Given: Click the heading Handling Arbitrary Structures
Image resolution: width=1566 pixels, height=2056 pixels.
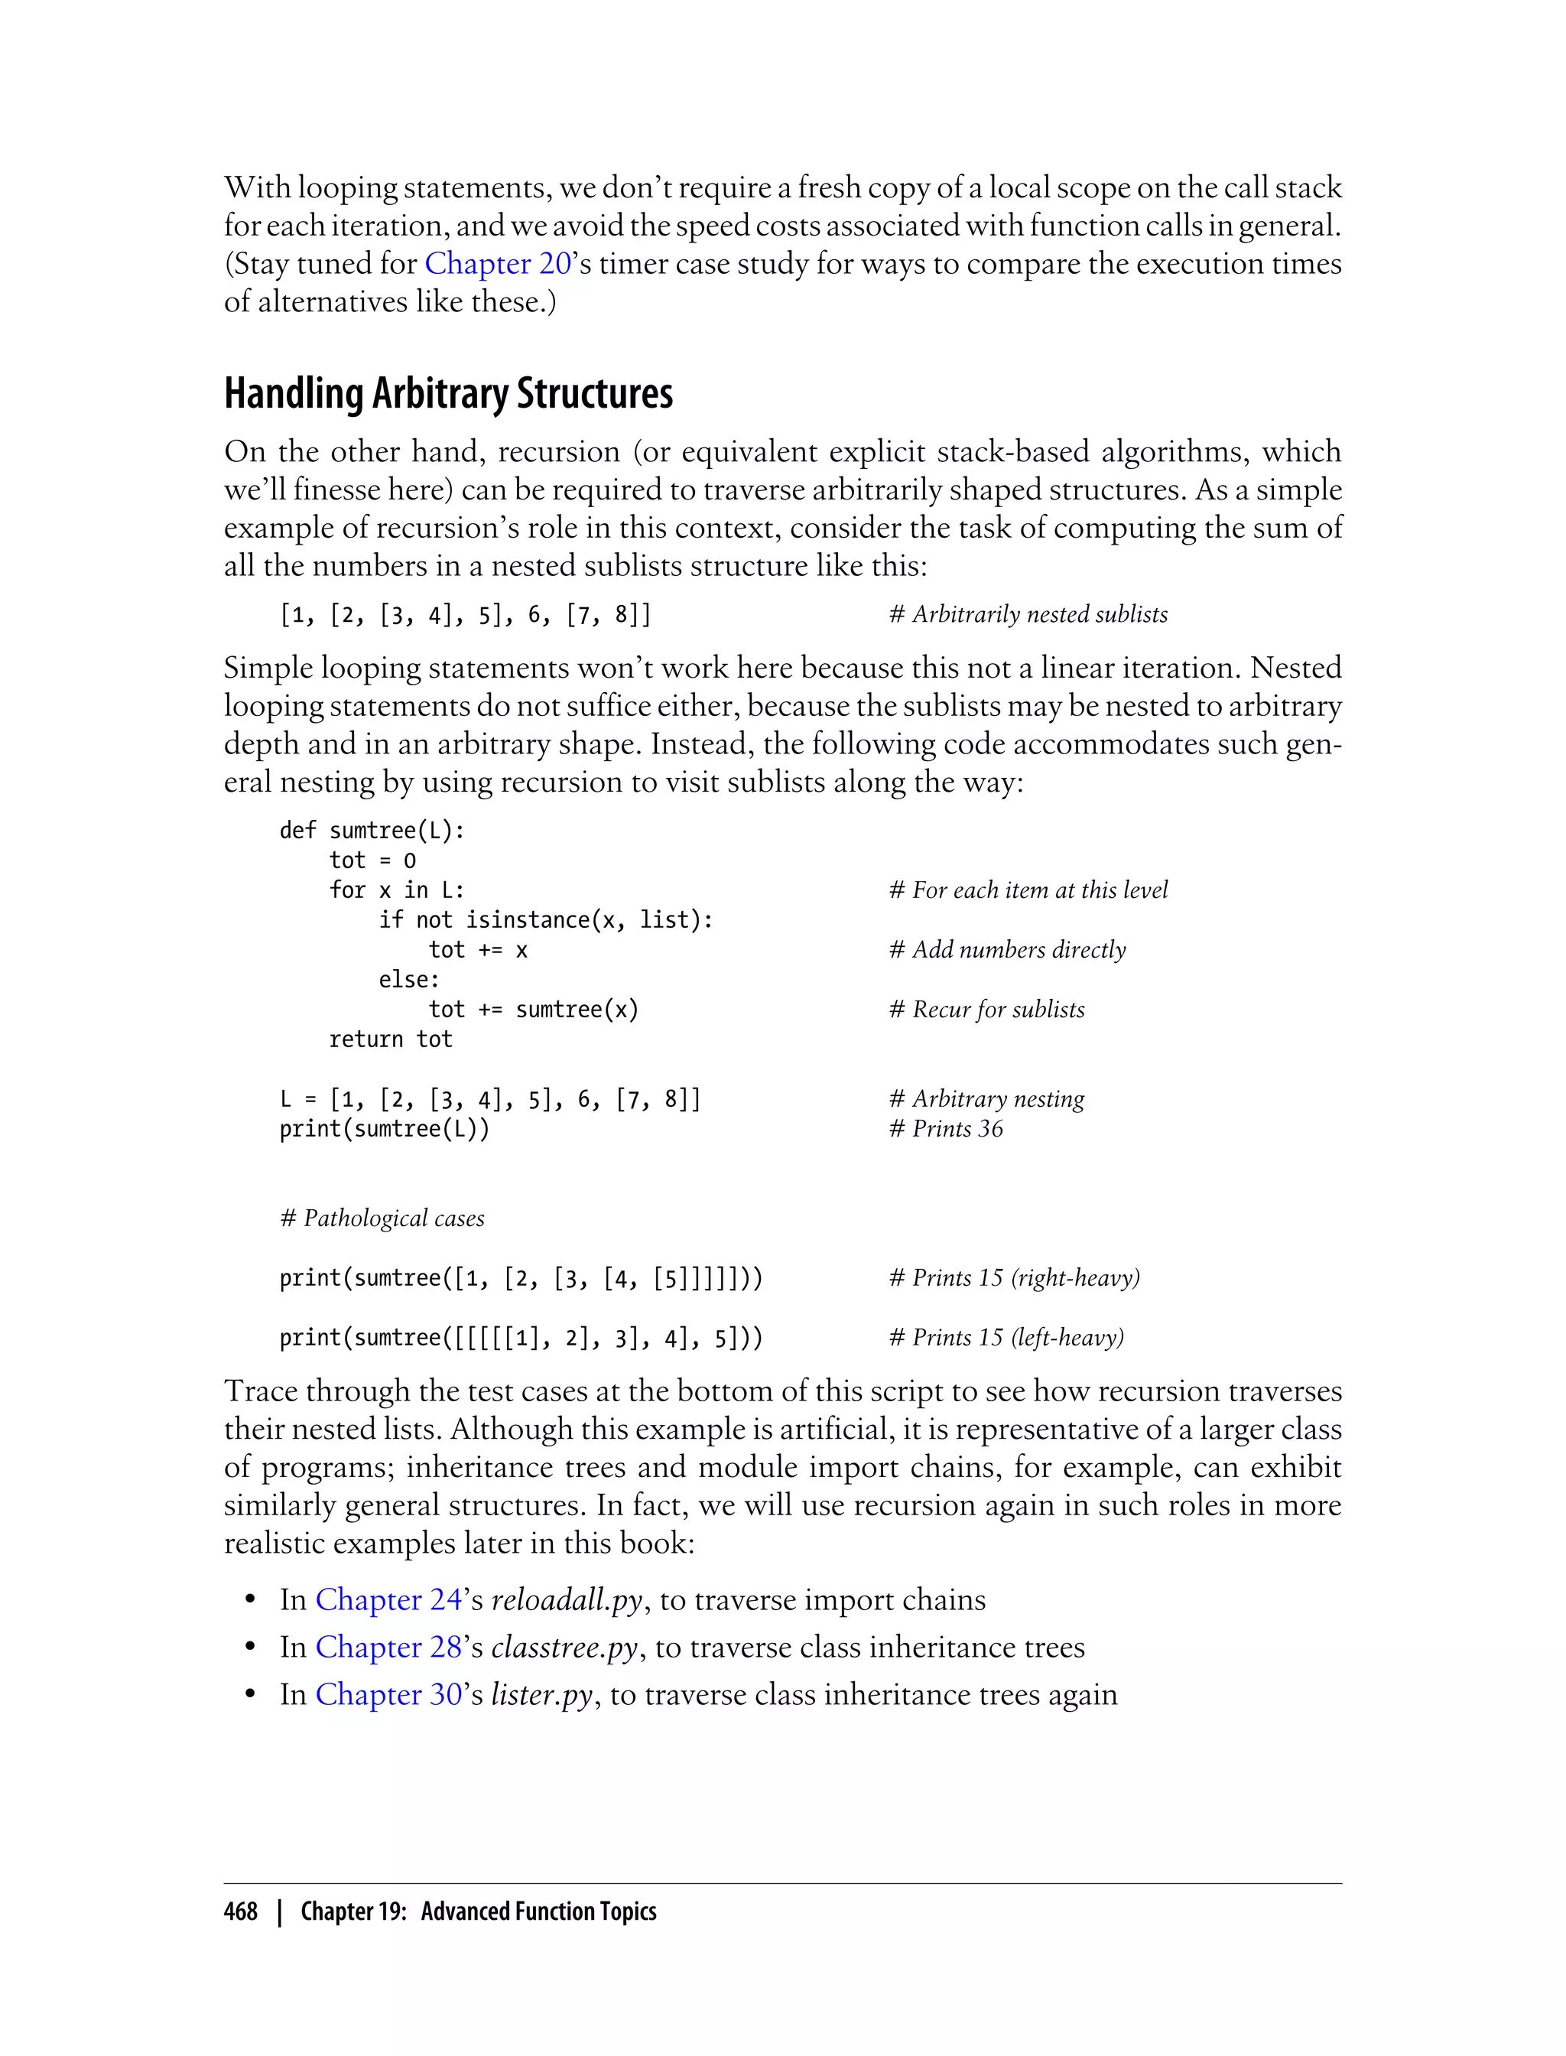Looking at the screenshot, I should (447, 393).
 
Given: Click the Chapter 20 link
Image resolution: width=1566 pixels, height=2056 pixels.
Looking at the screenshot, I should (498, 264).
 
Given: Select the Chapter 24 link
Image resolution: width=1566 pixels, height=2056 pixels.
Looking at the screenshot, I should (388, 1599).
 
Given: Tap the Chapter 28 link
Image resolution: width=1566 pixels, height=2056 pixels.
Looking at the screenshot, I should (388, 1647).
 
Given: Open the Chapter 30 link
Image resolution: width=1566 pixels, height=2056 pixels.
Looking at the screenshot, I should (388, 1694).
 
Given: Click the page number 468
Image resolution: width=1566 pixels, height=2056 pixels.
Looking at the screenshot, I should (241, 1911).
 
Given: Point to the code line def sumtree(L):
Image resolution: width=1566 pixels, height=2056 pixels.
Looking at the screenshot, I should (372, 830).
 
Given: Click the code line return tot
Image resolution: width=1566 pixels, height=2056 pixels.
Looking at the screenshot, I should (391, 1039).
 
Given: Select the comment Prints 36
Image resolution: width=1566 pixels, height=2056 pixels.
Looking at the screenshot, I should (946, 1128).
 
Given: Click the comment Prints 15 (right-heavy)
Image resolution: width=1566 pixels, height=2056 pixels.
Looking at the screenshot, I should (1014, 1277).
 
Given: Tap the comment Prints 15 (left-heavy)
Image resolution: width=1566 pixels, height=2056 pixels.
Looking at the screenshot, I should (1007, 1337).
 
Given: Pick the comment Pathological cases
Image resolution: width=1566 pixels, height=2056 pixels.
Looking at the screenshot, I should (382, 1218).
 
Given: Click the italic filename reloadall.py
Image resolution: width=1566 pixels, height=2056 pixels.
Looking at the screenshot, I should (567, 1599).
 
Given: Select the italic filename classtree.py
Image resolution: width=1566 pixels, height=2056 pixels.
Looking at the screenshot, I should (564, 1647).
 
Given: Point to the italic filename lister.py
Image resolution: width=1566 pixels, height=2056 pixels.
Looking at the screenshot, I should (541, 1694).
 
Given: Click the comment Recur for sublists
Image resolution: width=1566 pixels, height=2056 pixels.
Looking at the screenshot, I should (987, 1009).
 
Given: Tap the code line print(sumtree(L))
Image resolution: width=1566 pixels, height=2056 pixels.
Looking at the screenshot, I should (384, 1128).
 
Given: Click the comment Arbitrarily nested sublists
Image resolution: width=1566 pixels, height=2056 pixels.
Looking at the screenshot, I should (1028, 613).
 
